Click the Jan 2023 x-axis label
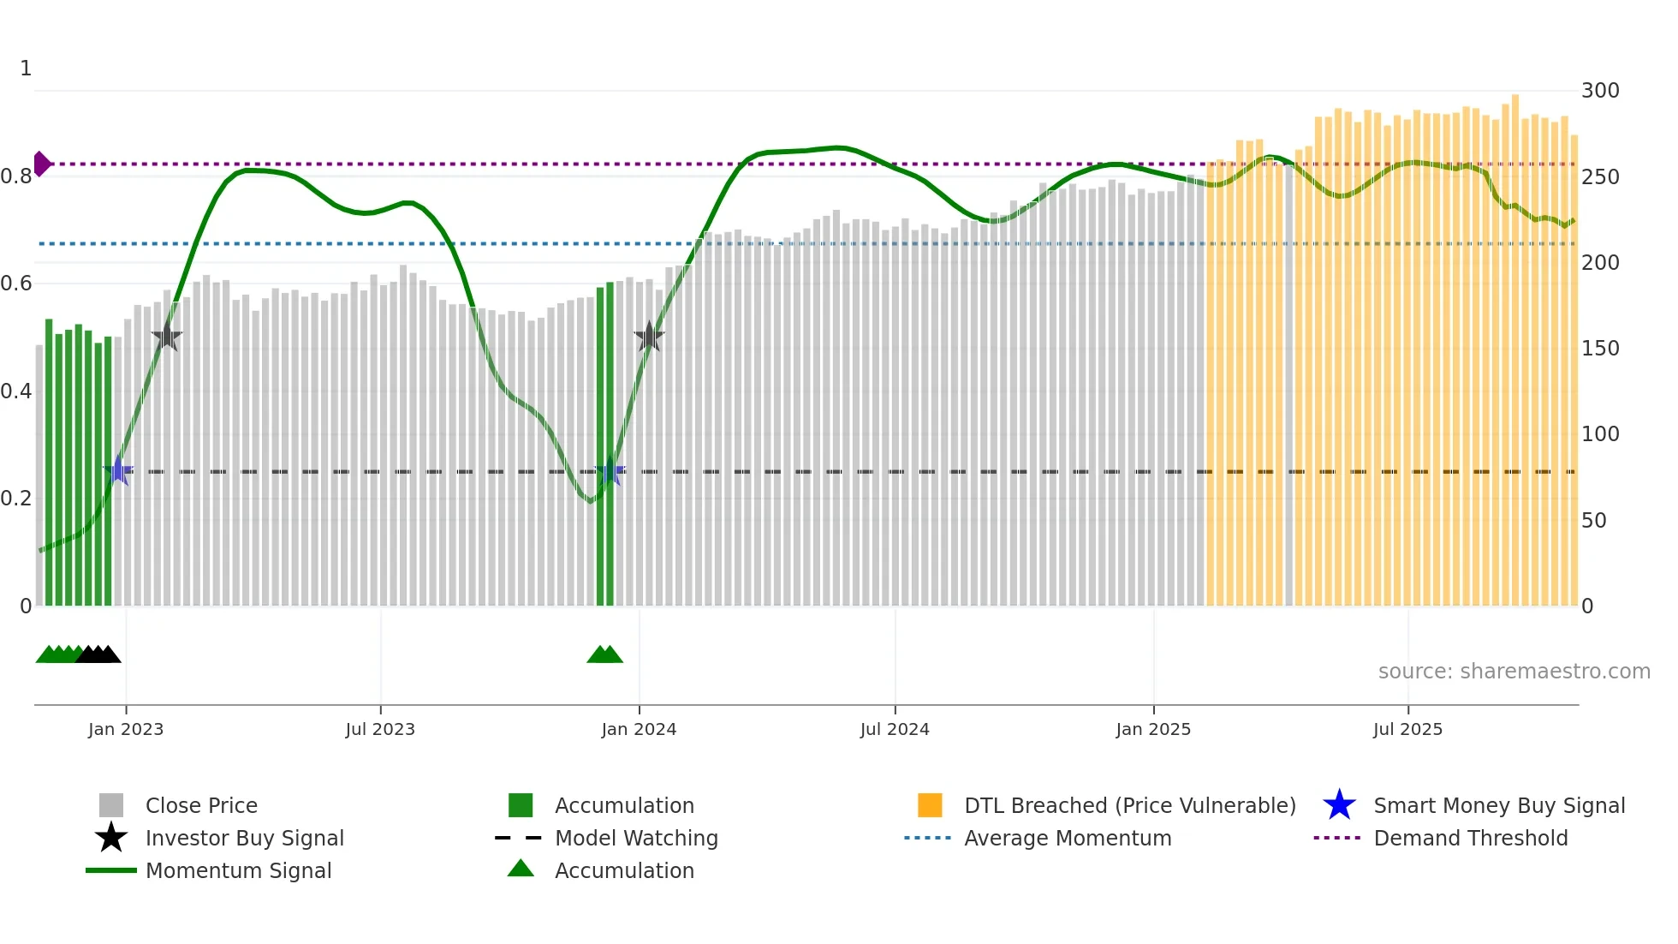click(126, 729)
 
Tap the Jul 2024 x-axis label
click(895, 729)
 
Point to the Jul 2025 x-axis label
click(1407, 729)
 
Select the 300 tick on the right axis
click(1600, 91)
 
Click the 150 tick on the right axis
click(1600, 349)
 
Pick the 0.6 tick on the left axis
click(16, 284)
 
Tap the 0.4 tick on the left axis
click(16, 391)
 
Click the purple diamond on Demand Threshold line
click(41, 164)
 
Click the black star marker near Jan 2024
click(650, 337)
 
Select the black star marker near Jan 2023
click(167, 337)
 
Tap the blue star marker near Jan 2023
click(118, 470)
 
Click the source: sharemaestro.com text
click(1514, 672)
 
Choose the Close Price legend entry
click(201, 805)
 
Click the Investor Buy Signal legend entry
click(244, 838)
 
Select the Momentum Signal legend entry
click(238, 870)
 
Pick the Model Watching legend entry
click(636, 838)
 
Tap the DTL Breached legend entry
click(1129, 805)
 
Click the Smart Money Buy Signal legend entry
click(1499, 805)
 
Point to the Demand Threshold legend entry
click(1470, 838)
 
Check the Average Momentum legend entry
click(1068, 838)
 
